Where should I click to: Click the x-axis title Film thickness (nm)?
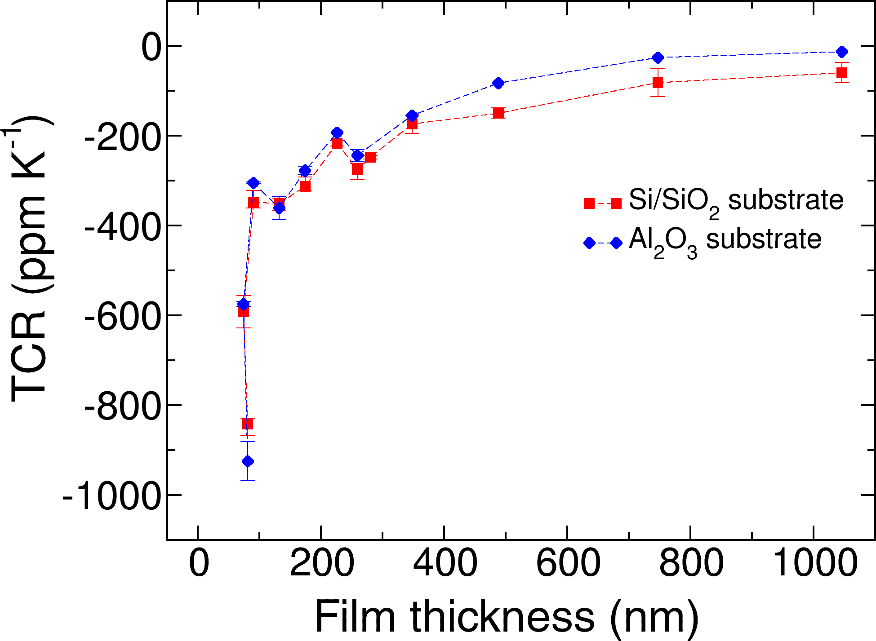(507, 617)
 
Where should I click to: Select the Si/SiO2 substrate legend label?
(736, 201)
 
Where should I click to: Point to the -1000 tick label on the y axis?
(111, 496)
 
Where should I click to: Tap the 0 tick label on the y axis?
(151, 47)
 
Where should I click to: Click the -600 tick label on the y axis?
(122, 316)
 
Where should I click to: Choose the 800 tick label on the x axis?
(691, 563)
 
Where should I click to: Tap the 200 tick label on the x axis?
(321, 563)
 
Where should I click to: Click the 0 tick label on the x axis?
(199, 563)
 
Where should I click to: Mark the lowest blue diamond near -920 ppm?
(248, 461)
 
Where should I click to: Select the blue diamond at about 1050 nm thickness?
(842, 52)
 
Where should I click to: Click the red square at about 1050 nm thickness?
(842, 73)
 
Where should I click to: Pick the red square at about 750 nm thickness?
(658, 83)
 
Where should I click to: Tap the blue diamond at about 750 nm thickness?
(658, 57)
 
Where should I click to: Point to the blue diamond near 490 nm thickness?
(498, 83)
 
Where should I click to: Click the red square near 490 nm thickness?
(498, 113)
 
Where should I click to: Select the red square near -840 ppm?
(248, 424)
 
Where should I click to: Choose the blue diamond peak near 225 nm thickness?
(337, 133)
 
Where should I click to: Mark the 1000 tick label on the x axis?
(814, 563)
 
